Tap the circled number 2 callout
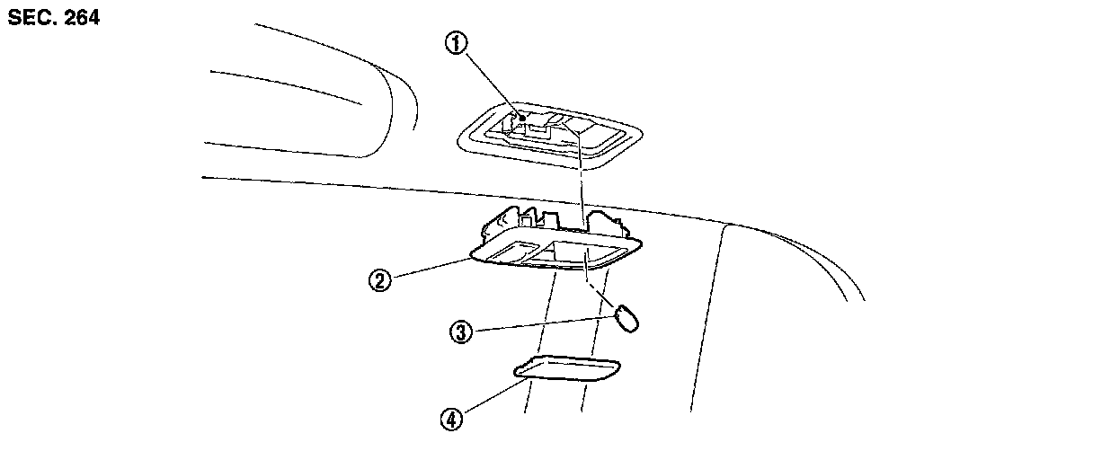point(380,280)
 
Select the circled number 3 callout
point(460,332)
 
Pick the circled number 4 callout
point(451,418)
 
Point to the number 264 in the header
point(82,18)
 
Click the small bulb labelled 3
point(627,317)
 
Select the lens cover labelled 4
point(567,369)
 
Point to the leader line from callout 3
point(539,323)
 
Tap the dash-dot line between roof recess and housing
point(580,180)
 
